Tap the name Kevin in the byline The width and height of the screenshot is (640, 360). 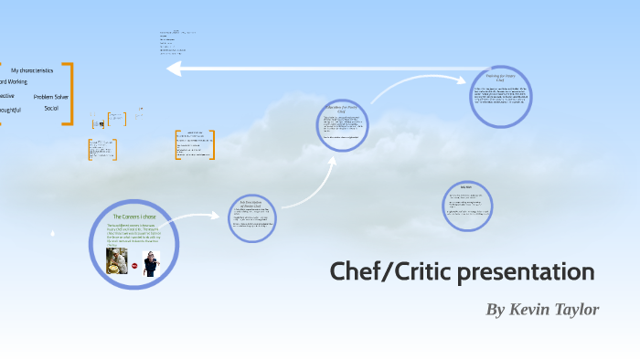(532, 310)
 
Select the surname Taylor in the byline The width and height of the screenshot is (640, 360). (578, 310)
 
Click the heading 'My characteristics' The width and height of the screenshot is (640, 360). (32, 70)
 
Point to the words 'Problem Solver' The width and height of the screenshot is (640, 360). (50, 96)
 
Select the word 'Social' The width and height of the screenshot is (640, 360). (51, 108)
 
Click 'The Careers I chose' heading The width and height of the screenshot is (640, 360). (134, 217)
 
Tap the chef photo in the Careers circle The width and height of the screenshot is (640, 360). (117, 261)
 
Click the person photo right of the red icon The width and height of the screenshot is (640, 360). (151, 263)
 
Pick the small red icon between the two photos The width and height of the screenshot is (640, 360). (134, 265)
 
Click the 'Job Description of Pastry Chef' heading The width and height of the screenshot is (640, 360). (251, 203)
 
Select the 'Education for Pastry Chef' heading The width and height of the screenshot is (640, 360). (341, 109)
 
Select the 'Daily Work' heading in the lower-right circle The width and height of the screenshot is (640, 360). (465, 186)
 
